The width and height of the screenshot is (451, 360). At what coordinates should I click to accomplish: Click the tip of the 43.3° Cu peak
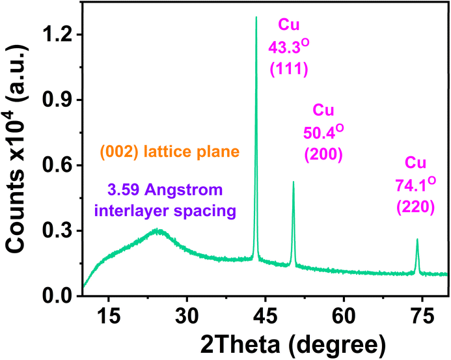256,17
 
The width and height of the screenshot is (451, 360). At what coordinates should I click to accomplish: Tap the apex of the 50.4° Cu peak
294,182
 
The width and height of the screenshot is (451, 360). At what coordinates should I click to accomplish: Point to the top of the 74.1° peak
417,239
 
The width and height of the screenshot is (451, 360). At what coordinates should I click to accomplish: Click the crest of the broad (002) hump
157,230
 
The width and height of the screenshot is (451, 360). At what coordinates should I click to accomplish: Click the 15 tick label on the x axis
109,316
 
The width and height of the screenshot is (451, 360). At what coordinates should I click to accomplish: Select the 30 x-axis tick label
187,316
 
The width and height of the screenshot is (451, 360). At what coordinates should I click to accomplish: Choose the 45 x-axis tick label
265,316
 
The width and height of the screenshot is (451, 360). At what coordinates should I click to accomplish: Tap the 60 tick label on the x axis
344,316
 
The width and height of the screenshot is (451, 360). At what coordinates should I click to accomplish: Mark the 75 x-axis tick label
422,316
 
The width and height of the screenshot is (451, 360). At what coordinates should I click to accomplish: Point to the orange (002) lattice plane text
170,152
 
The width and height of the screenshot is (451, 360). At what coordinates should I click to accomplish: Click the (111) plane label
289,69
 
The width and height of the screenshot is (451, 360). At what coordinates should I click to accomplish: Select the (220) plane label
415,207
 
